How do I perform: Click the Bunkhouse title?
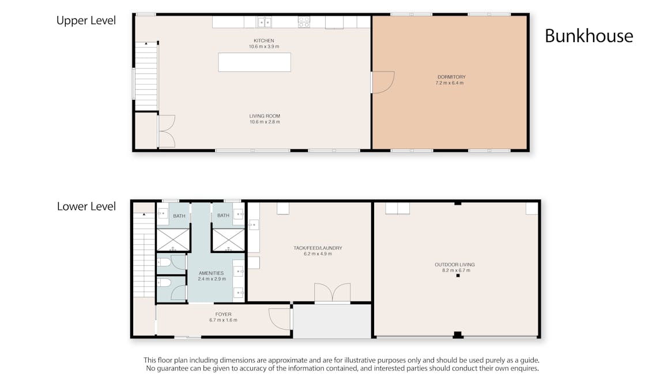588,36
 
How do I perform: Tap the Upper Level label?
86,21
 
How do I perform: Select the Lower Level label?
86,206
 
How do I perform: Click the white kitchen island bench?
254,62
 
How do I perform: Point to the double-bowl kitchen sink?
265,22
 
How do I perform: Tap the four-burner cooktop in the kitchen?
304,22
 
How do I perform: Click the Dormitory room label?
451,77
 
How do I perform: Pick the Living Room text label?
265,116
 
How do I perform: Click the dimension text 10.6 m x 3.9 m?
263,46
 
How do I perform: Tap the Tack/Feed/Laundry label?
314,248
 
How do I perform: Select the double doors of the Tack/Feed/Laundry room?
332,293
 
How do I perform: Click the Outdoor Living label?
455,265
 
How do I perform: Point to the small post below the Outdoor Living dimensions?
458,276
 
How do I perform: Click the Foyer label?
223,314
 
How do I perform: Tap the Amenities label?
211,273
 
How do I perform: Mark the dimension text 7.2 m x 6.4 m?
450,83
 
